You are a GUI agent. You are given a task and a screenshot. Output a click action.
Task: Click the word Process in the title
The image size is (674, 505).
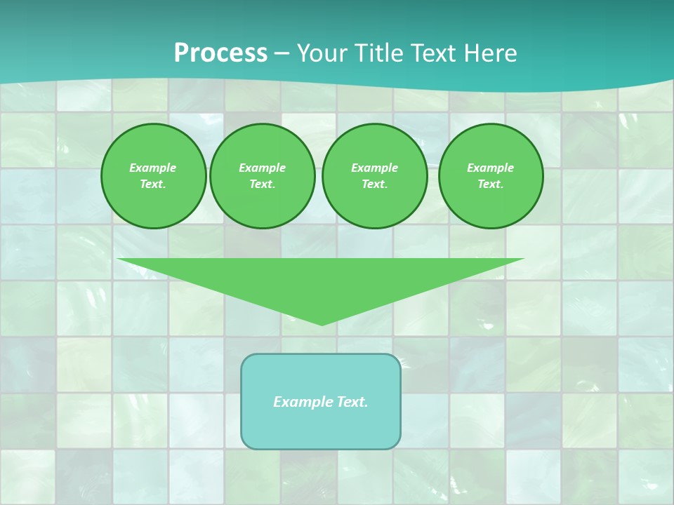pos(220,53)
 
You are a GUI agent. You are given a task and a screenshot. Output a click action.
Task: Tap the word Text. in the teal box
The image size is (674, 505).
pos(352,402)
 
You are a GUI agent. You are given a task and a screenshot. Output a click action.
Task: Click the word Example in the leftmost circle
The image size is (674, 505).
pos(153,168)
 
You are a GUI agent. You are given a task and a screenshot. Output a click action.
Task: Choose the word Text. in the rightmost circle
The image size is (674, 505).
pos(490,184)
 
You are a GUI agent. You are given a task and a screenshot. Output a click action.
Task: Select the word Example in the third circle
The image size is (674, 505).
pos(374,168)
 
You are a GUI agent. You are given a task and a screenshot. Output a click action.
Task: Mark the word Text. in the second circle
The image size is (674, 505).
pos(262,184)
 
